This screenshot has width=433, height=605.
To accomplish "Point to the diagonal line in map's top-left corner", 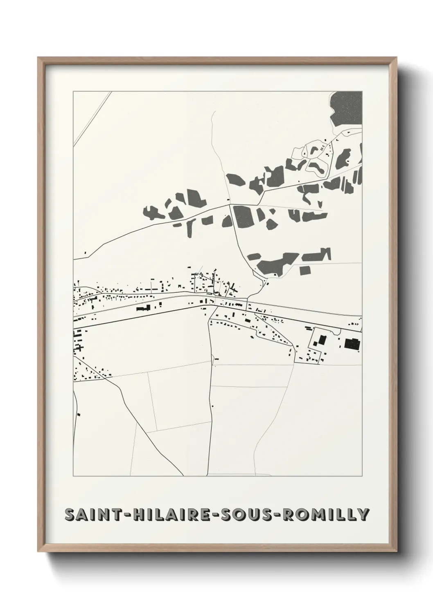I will tap(92, 119).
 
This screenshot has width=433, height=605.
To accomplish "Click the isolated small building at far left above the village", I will tap(85, 253).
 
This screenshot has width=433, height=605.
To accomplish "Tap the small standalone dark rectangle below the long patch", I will tap(305, 270).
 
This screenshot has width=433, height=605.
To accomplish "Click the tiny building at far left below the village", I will tap(79, 415).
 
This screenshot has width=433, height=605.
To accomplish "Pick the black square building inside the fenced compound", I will tap(322, 340).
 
